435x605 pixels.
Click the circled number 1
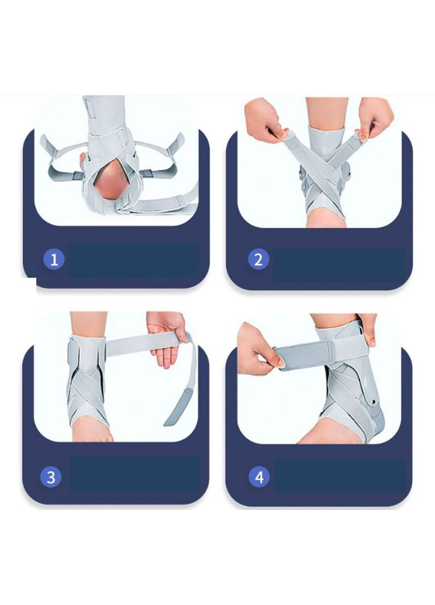(54, 259)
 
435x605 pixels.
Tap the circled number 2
(258, 259)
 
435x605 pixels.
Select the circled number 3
(51, 477)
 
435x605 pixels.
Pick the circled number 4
(259, 477)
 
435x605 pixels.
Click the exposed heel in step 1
(109, 185)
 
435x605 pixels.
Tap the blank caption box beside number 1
(133, 260)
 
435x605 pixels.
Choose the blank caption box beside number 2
(339, 265)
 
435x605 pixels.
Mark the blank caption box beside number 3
(134, 474)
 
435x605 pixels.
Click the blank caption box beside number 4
(340, 476)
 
